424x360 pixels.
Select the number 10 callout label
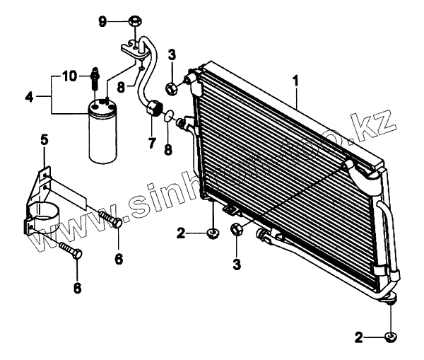point(69,75)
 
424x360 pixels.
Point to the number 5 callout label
point(45,141)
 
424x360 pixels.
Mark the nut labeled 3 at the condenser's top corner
point(172,88)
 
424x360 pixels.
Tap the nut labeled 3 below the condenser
point(237,229)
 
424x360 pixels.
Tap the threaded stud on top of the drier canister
point(93,81)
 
